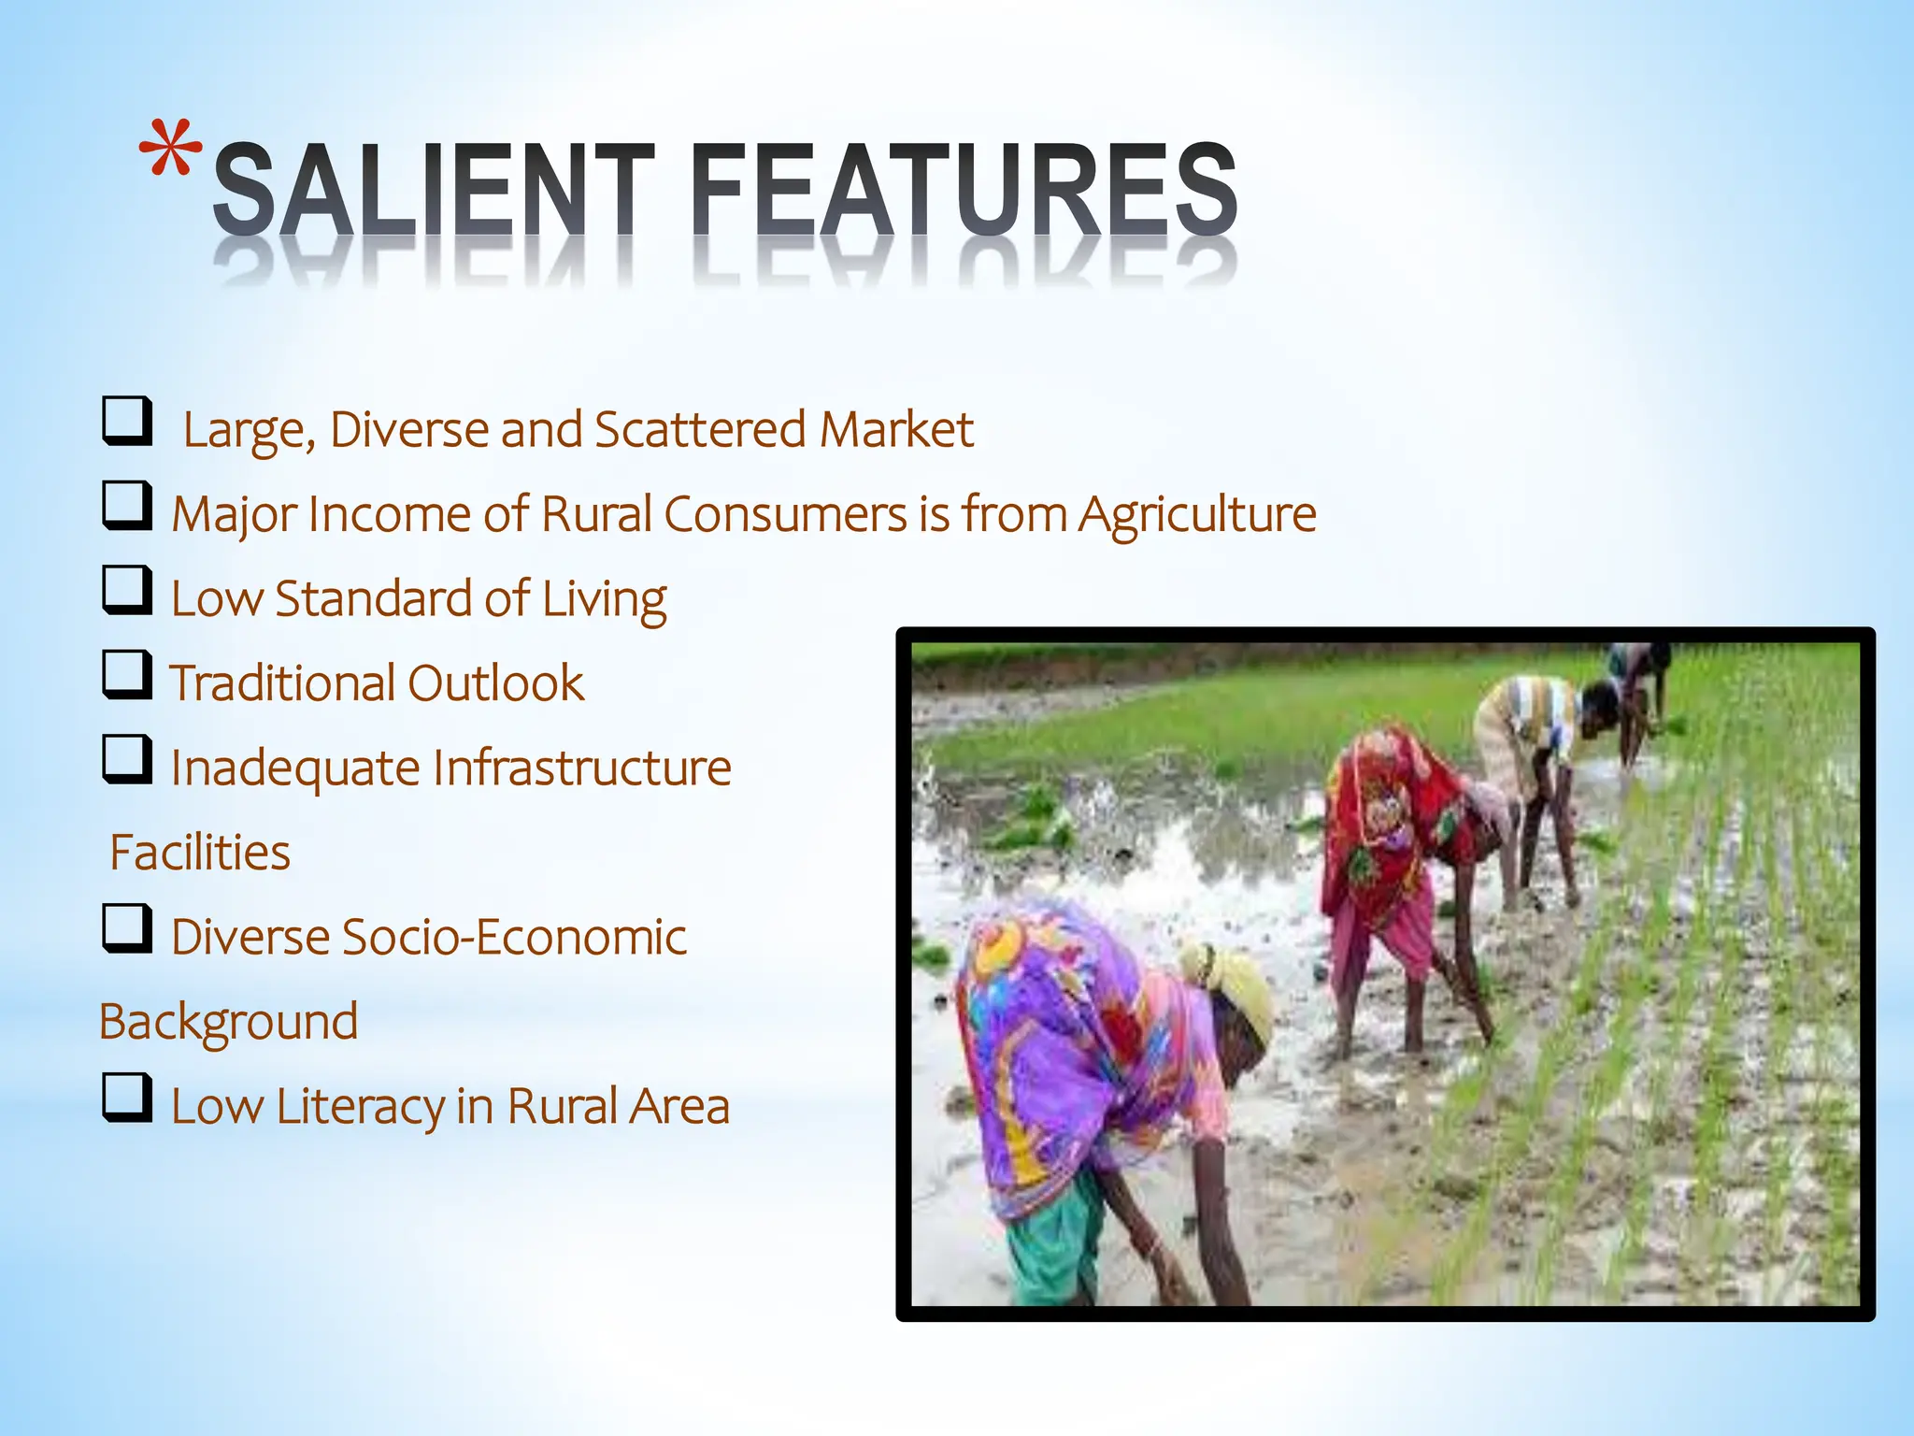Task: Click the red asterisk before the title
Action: [170, 150]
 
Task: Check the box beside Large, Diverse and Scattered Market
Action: [127, 422]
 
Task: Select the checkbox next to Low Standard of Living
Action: [127, 591]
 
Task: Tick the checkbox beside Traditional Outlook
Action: [127, 675]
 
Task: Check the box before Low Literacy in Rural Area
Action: [127, 1098]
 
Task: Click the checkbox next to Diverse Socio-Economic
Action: [127, 928]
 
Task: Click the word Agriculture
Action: [1197, 515]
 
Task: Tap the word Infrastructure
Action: [581, 768]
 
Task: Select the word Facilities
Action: [200, 853]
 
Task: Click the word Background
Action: [229, 1022]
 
